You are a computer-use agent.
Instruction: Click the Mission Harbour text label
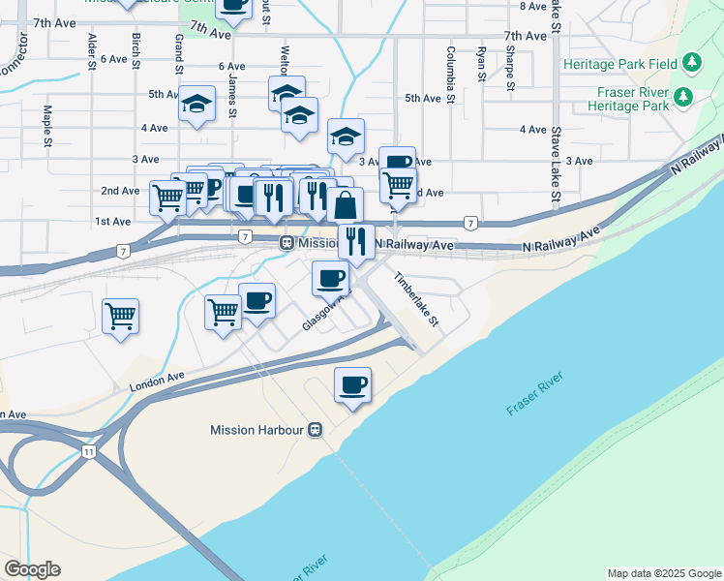pos(257,430)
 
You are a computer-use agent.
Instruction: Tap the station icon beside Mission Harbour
pos(315,430)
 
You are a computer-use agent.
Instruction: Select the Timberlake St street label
pos(416,298)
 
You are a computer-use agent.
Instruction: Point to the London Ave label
pos(156,382)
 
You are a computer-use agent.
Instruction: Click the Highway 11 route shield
pos(88,451)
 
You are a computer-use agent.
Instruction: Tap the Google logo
pos(32,569)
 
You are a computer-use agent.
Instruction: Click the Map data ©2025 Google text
pos(663,573)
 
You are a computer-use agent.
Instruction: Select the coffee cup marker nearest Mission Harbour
pos(352,385)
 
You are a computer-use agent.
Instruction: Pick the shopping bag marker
pos(346,204)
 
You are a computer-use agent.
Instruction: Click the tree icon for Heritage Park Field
pos(691,64)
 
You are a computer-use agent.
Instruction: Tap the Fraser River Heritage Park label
pos(628,98)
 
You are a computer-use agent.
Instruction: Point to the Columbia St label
pos(451,74)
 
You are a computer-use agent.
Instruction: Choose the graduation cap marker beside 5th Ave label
pos(197,104)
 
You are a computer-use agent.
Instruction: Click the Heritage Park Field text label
pos(620,64)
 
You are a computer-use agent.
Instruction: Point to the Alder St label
pos(91,51)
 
